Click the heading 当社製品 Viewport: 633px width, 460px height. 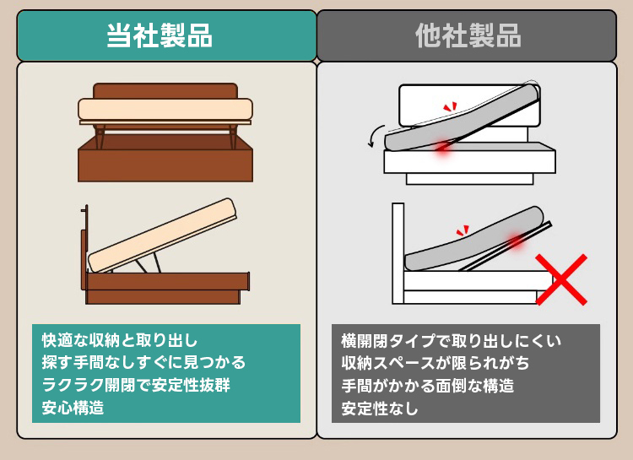[x=160, y=35]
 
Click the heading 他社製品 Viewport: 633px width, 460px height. [x=468, y=35]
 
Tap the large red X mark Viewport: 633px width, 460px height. [x=561, y=279]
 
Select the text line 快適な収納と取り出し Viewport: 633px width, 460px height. [x=120, y=340]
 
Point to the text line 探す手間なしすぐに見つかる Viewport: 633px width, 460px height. [x=143, y=362]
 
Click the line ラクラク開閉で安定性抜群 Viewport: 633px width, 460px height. [x=136, y=385]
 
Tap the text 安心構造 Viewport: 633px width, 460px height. [x=73, y=408]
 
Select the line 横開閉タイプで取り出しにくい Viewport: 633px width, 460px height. [x=452, y=340]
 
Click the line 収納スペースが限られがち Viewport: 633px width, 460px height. [x=436, y=363]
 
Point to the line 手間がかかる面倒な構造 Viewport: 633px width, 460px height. [x=428, y=385]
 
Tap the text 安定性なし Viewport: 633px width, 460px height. [x=380, y=408]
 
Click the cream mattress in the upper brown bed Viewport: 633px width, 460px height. [x=165, y=109]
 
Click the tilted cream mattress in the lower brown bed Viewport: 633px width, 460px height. [x=162, y=235]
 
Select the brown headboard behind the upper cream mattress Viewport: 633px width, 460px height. [x=165, y=91]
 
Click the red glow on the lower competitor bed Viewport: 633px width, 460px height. [x=515, y=241]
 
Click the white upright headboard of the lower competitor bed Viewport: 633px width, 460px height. [x=398, y=253]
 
